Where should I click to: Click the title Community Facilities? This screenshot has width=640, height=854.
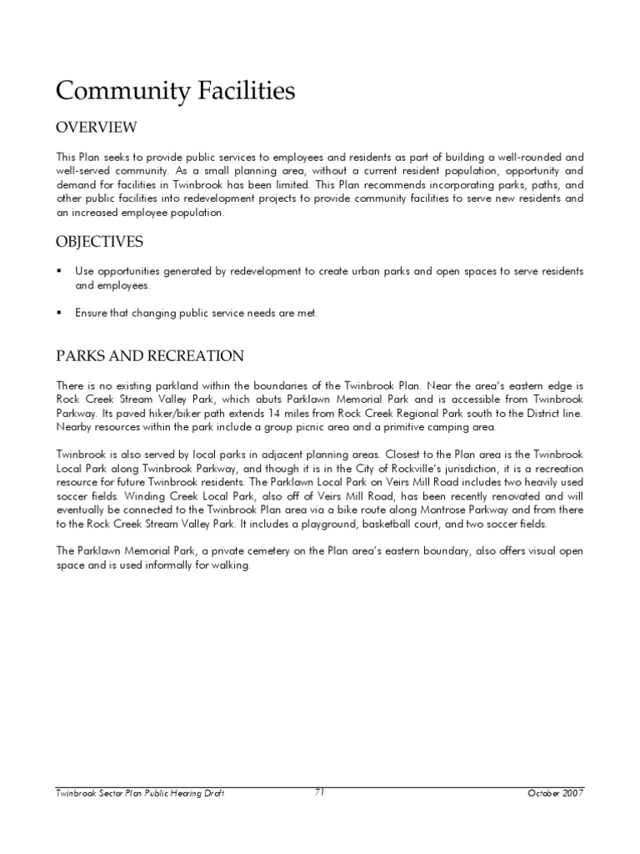[175, 92]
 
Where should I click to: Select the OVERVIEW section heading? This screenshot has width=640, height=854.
[96, 128]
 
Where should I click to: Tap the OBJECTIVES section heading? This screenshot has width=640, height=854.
[99, 243]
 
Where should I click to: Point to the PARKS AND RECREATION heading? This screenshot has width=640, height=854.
[150, 357]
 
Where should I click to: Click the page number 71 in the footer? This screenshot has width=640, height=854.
[319, 793]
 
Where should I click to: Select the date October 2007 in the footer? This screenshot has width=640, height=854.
[556, 793]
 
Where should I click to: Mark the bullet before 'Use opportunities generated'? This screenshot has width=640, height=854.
[59, 272]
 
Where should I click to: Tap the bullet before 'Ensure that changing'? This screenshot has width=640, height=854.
[59, 314]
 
